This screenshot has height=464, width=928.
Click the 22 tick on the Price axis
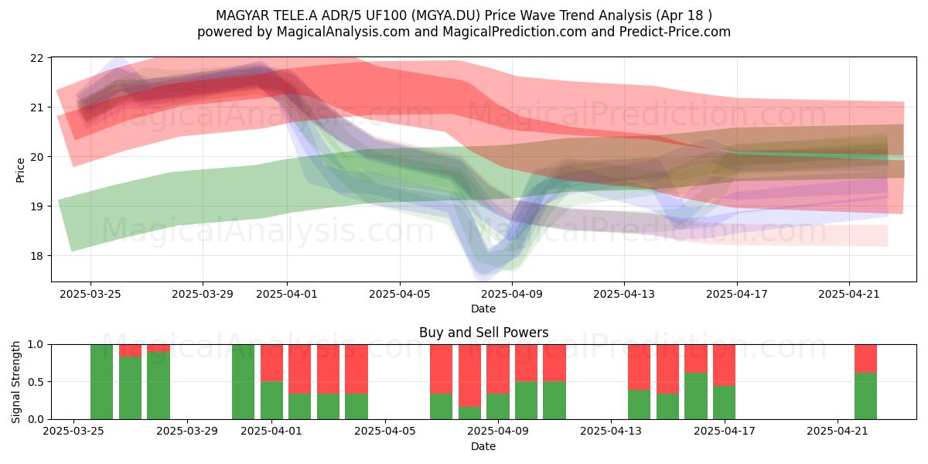(36, 58)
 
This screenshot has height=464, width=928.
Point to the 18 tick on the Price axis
(36, 256)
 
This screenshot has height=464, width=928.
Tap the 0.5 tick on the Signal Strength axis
(36, 381)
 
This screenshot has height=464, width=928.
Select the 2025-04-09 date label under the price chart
(512, 294)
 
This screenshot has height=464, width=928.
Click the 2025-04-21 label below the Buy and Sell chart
(838, 431)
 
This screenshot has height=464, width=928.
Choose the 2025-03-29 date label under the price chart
(203, 294)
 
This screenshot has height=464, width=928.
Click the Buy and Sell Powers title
(483, 333)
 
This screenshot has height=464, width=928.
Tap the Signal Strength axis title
(15, 382)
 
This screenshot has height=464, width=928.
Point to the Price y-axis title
(20, 170)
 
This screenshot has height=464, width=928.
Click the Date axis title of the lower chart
(483, 446)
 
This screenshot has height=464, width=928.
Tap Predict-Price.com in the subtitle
(675, 32)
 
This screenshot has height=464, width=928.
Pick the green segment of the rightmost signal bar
(866, 396)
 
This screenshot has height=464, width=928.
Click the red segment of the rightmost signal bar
(866, 359)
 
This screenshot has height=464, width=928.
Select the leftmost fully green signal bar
(101, 382)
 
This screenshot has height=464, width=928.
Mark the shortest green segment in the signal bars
(470, 413)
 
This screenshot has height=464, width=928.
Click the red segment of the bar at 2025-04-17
(724, 365)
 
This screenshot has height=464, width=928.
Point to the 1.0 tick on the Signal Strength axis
(36, 344)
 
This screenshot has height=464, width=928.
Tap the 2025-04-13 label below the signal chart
(611, 431)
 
